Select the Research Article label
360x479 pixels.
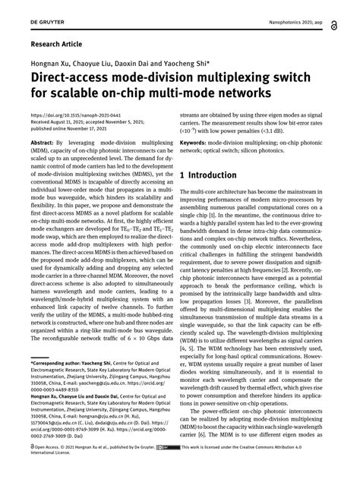coord(57,45)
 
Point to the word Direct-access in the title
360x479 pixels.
coord(69,79)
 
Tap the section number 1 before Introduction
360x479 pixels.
coord(182,175)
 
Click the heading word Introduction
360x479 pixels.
coord(216,175)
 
